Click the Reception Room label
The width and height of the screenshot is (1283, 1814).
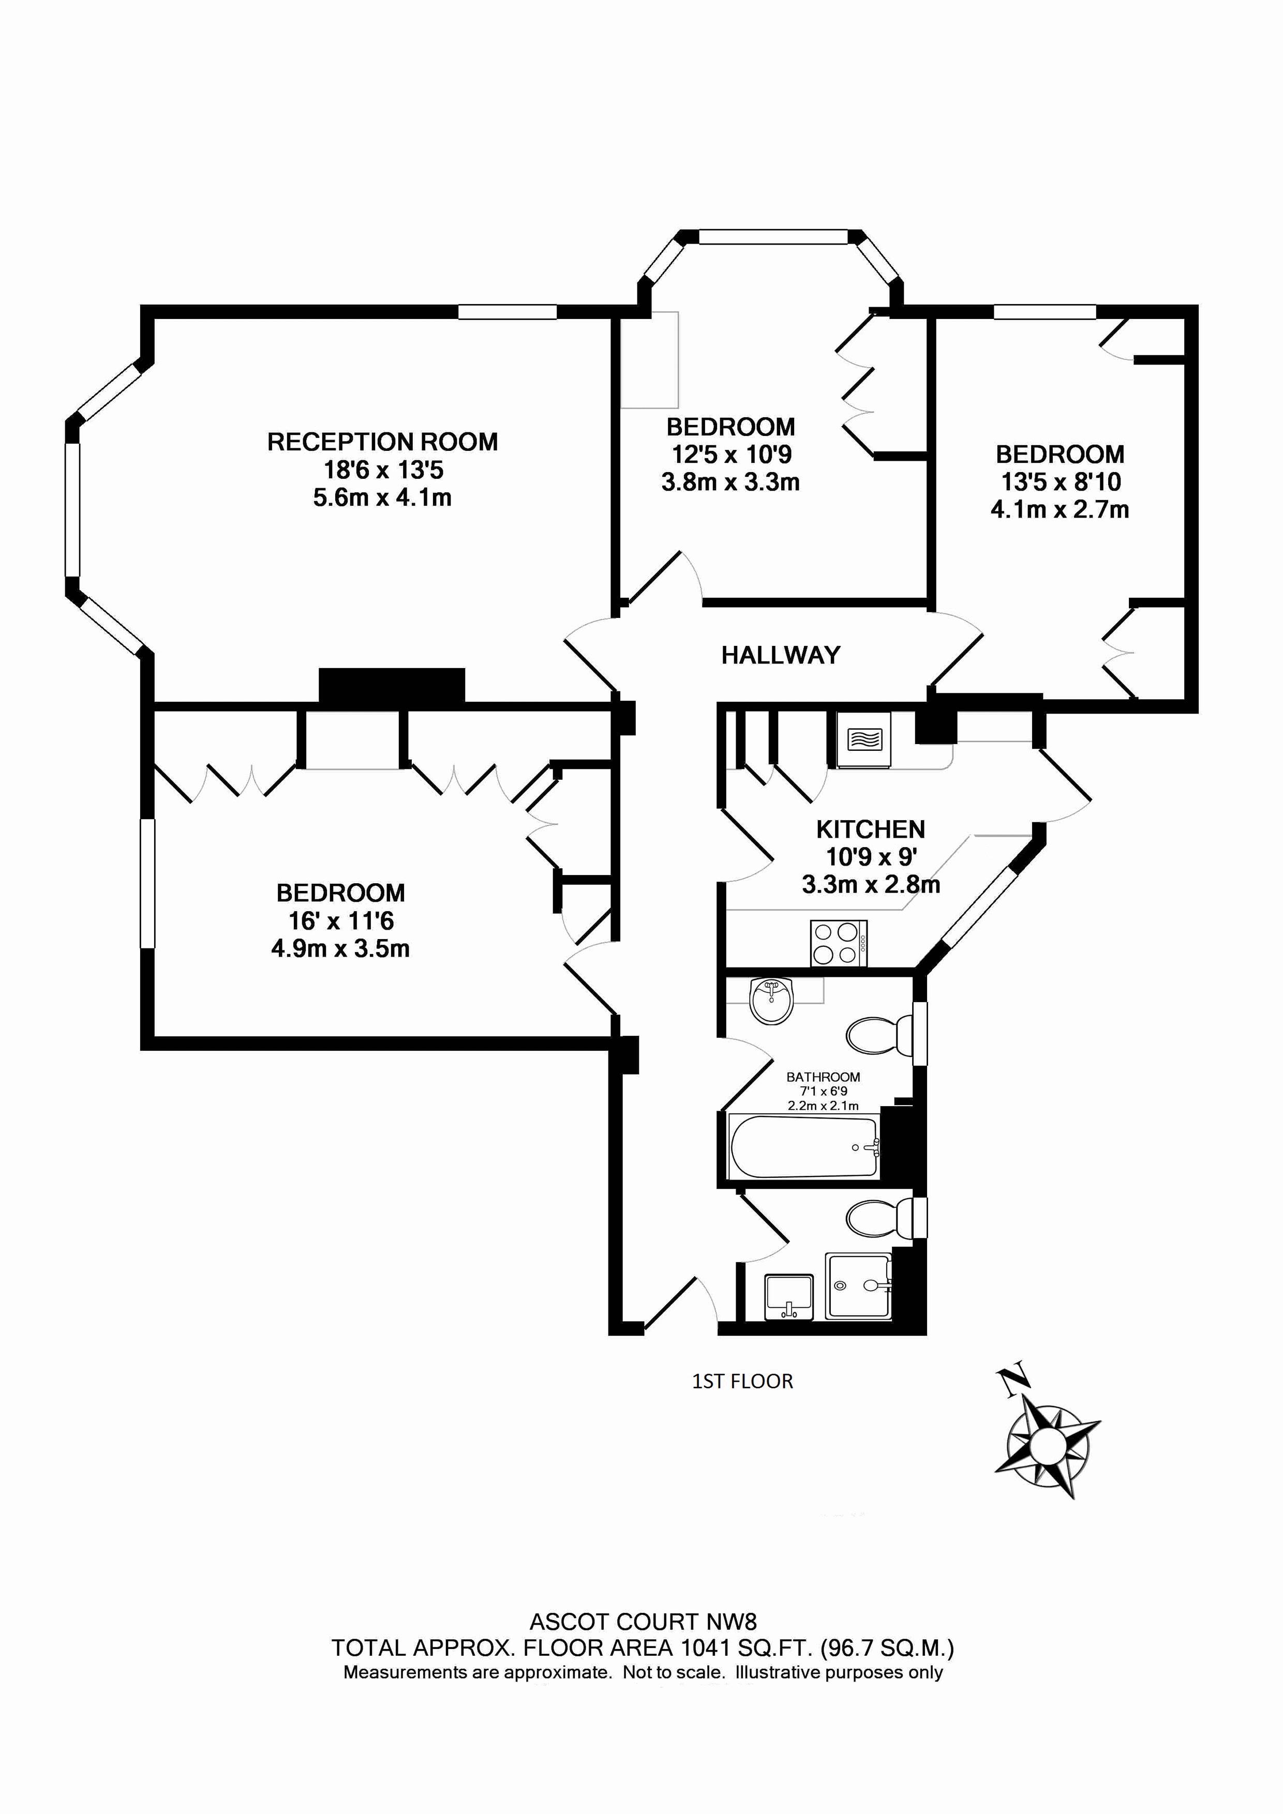click(x=383, y=442)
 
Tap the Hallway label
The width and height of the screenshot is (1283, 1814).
click(x=780, y=655)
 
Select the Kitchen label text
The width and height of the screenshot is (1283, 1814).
click(x=870, y=829)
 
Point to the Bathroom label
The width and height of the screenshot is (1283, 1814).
click(x=823, y=1077)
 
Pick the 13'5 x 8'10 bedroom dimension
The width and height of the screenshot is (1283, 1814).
click(x=1060, y=482)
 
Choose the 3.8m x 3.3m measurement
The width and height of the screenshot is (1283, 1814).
click(x=730, y=482)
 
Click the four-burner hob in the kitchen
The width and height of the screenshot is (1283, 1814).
click(x=839, y=943)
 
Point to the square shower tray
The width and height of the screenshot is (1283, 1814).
click(x=858, y=1286)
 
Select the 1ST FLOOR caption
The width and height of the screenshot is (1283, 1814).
click(x=742, y=1381)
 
